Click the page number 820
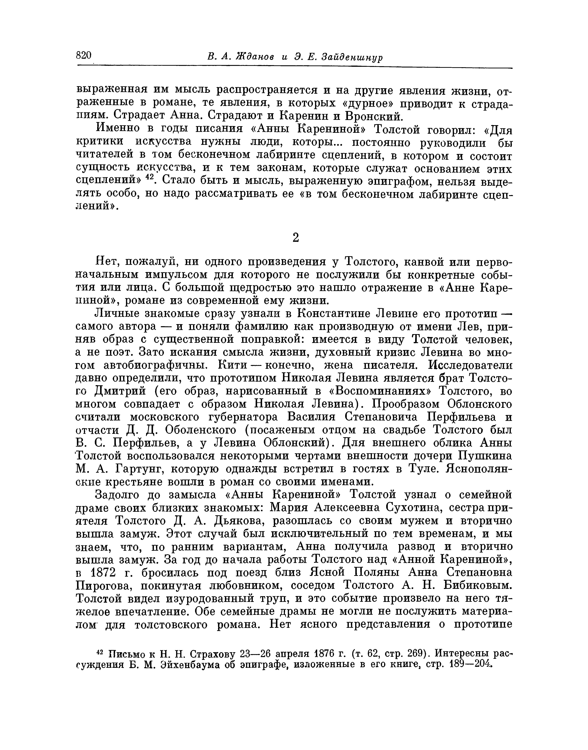(84, 56)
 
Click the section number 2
(295, 238)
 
